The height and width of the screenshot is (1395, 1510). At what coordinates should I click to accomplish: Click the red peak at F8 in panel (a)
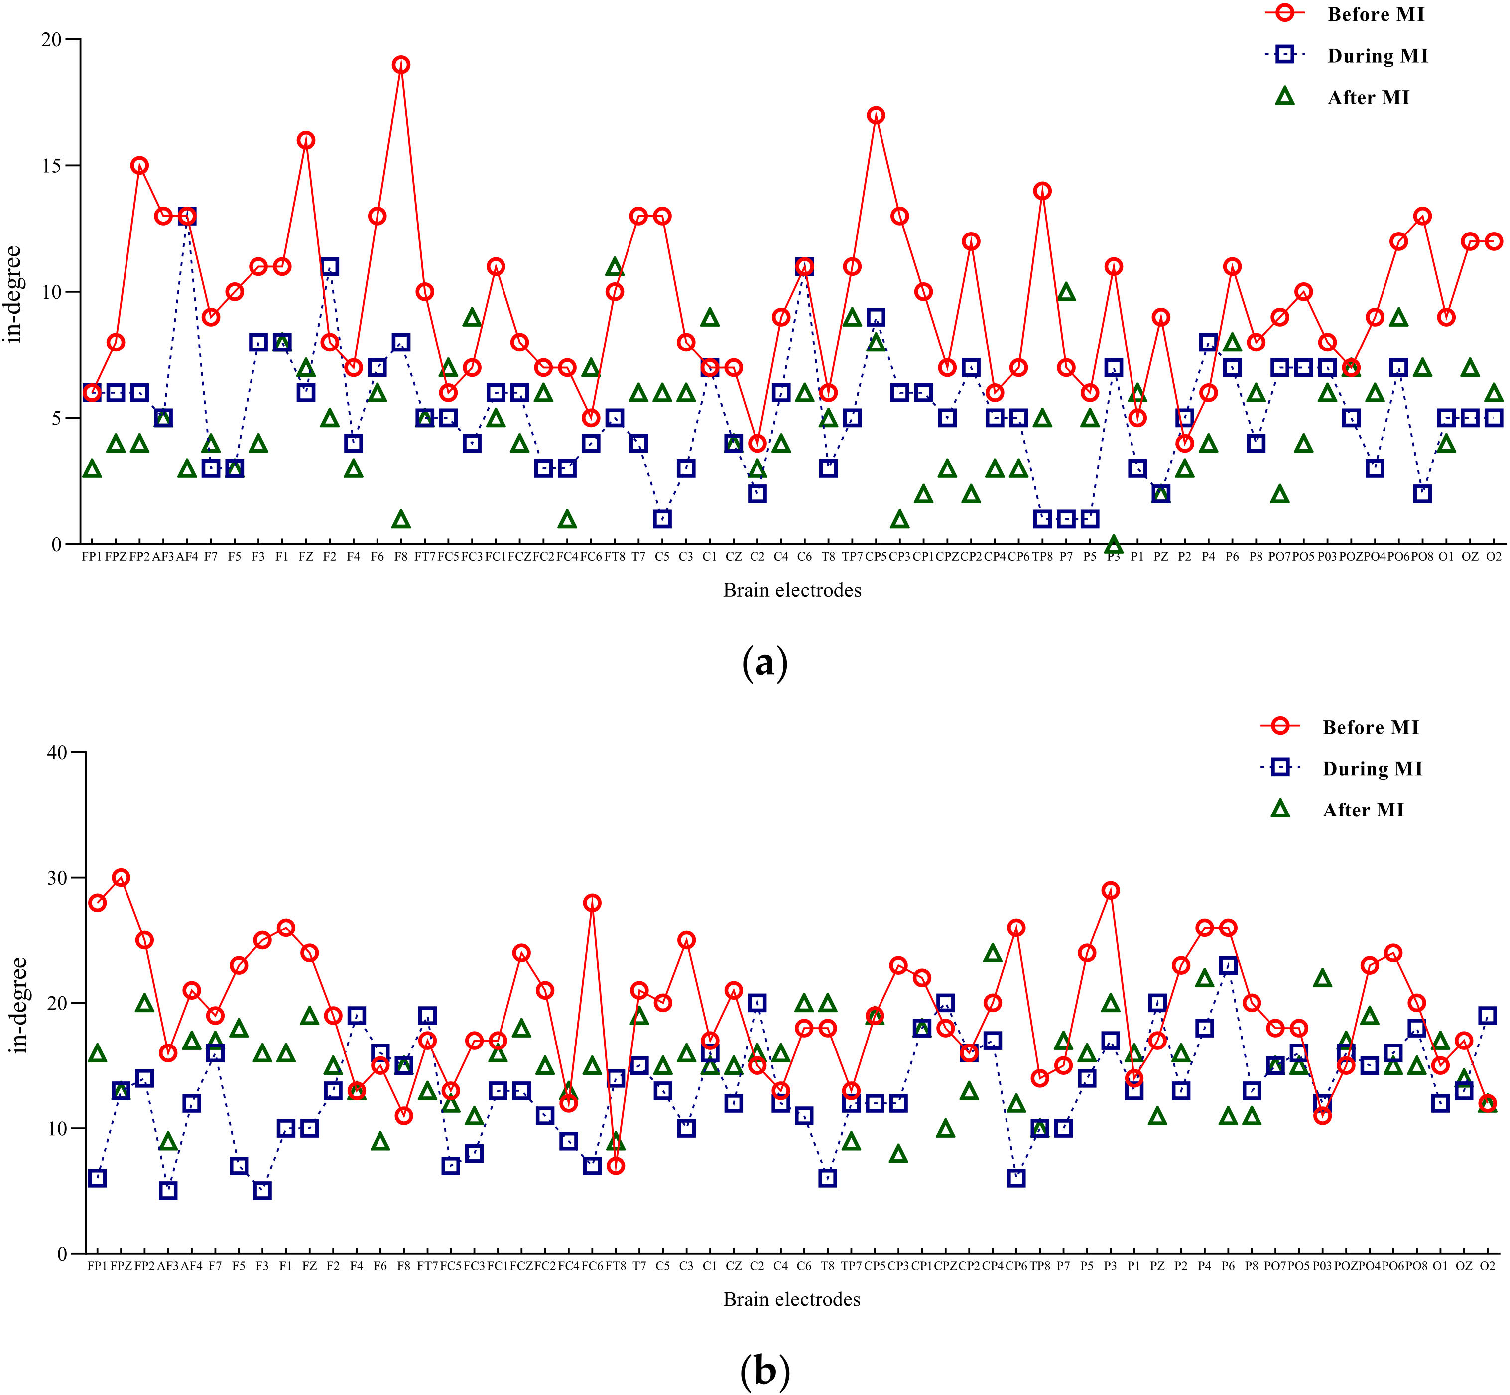tap(401, 65)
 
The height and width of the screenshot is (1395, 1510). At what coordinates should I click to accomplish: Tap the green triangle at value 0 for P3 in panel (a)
tap(1113, 544)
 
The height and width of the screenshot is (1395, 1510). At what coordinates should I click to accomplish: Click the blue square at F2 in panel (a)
tap(330, 266)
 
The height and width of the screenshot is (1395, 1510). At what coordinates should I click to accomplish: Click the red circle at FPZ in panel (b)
tap(121, 877)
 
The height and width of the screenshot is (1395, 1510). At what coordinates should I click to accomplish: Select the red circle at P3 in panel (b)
tap(1110, 890)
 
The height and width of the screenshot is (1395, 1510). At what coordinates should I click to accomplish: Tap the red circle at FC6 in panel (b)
tap(592, 903)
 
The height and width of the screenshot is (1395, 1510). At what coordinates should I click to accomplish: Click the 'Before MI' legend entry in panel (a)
tap(1375, 14)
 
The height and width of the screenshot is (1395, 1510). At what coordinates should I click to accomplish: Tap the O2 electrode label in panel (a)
tap(1493, 556)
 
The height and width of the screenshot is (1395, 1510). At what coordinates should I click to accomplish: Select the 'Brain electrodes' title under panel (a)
tap(792, 590)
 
